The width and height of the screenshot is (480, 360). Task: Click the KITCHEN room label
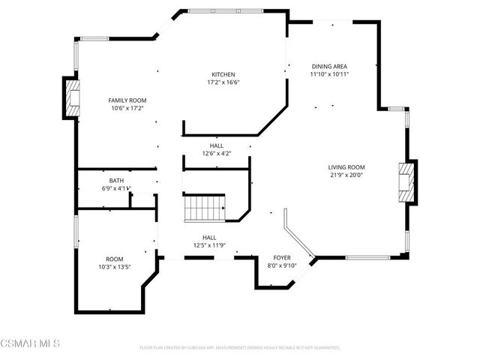(223, 74)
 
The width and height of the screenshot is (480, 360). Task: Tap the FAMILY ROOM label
(127, 100)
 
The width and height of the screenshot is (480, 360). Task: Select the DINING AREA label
(329, 66)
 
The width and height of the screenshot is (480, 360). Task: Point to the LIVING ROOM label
(346, 167)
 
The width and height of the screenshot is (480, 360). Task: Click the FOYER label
(282, 257)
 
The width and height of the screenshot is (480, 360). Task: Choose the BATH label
(116, 181)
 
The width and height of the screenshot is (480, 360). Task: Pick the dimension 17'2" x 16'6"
(223, 82)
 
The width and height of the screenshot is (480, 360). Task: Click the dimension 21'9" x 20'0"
(346, 175)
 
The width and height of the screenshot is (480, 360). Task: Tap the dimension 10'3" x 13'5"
(115, 265)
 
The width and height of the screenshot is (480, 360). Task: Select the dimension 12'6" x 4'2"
(216, 154)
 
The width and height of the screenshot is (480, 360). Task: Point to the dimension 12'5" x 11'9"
(209, 245)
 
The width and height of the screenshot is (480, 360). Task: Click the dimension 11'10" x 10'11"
(329, 74)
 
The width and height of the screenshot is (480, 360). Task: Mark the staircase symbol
(205, 208)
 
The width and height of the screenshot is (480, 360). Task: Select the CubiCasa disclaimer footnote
(240, 348)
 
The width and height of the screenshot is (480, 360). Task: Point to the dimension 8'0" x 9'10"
(282, 265)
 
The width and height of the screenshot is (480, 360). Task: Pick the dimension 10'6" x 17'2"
(127, 109)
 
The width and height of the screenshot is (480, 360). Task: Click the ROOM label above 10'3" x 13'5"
(115, 257)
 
